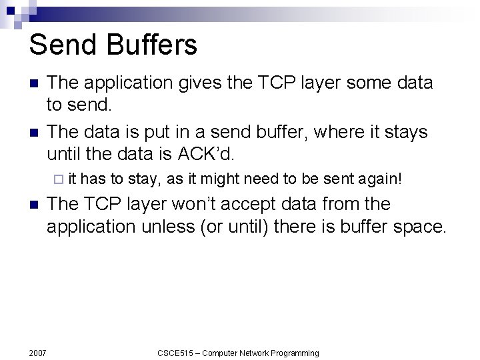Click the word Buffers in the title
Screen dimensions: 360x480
click(148, 45)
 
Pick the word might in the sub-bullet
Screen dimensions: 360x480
click(219, 179)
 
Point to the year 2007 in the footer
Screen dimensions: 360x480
click(37, 353)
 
